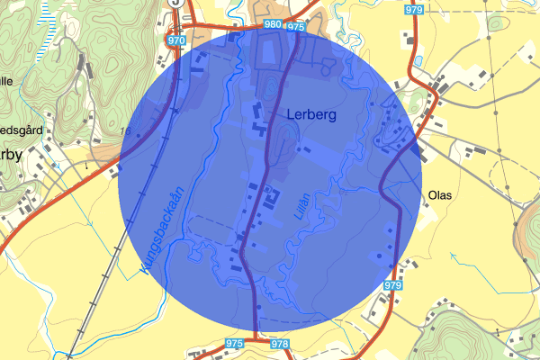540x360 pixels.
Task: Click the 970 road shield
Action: pyautogui.click(x=177, y=40)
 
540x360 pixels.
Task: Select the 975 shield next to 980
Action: pyautogui.click(x=297, y=27)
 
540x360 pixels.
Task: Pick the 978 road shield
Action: pyautogui.click(x=279, y=345)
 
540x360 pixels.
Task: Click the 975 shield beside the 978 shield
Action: pyautogui.click(x=236, y=344)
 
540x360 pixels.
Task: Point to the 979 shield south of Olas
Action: pyautogui.click(x=391, y=285)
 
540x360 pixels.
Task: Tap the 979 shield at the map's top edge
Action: pyautogui.click(x=414, y=9)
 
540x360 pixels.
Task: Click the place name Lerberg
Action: pyautogui.click(x=311, y=115)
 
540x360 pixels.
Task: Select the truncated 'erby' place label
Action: pyautogui.click(x=11, y=153)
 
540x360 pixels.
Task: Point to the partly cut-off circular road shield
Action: pyautogui.click(x=177, y=3)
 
